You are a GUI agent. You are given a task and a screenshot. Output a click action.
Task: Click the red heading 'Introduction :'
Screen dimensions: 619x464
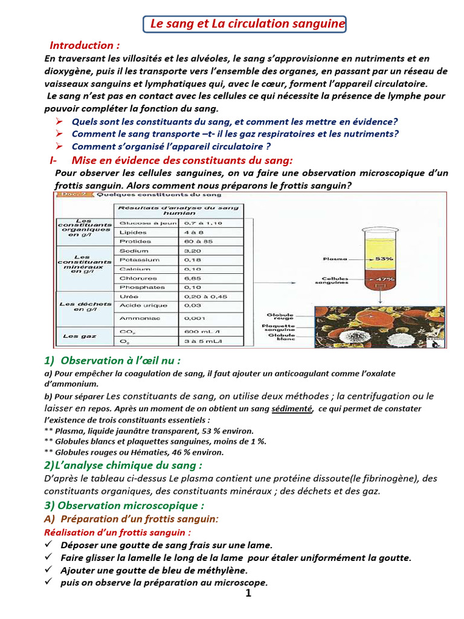click(85, 45)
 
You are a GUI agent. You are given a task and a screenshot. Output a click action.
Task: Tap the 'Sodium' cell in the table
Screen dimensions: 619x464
click(134, 250)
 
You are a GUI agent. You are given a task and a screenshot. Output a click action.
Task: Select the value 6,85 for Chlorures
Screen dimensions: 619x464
click(194, 278)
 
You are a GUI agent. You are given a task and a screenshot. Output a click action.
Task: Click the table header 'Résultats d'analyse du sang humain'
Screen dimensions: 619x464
click(180, 210)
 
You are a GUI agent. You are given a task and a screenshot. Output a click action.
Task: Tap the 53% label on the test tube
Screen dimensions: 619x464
click(384, 259)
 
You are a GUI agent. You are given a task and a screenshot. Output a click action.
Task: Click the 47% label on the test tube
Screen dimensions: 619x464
click(385, 279)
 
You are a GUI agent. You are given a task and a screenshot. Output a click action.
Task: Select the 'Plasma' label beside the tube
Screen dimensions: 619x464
click(335, 259)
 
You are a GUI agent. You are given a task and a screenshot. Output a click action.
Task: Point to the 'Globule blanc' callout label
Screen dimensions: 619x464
click(282, 337)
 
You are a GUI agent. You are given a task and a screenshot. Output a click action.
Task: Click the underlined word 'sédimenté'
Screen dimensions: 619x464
click(292, 409)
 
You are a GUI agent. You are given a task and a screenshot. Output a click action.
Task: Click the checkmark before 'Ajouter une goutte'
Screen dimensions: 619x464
click(50, 569)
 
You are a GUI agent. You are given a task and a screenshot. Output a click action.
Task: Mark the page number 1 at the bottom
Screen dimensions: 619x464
click(248, 593)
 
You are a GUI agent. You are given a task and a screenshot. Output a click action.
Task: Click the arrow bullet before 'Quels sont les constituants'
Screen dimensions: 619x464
click(59, 122)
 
